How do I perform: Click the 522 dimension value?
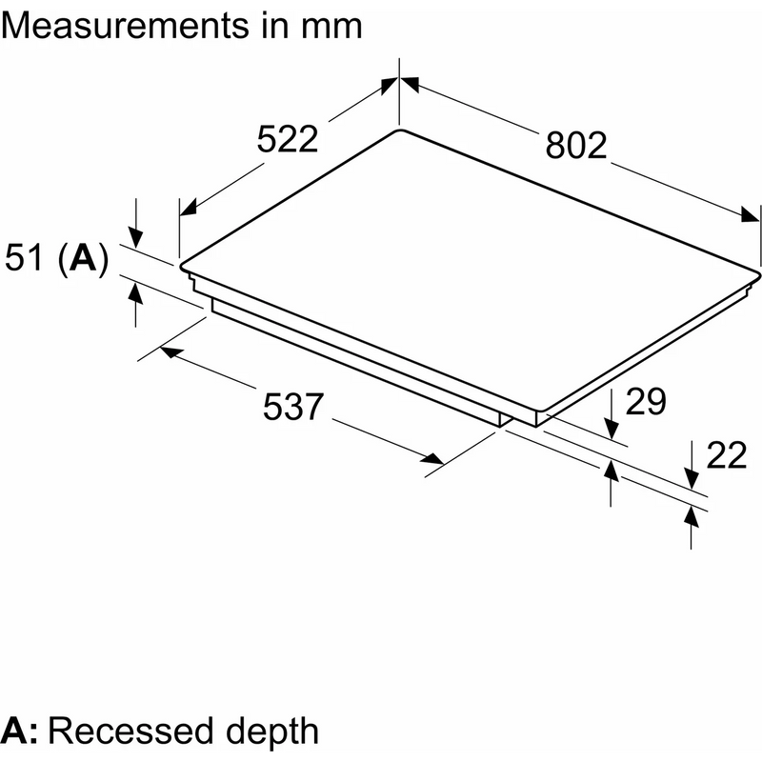point(288,139)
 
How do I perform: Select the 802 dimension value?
point(576,146)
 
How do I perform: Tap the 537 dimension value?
point(293,407)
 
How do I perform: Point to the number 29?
point(646,402)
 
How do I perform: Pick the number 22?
point(726,455)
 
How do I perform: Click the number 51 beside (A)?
point(25,257)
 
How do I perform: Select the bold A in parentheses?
point(83,257)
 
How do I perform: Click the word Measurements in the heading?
point(125,26)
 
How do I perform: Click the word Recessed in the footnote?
point(130,731)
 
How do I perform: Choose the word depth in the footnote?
point(272,732)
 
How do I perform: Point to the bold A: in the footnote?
point(19,731)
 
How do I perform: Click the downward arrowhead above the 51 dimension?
point(136,239)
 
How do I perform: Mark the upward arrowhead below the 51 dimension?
point(136,293)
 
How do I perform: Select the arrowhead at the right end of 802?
point(750,213)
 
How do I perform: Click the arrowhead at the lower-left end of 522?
point(188,207)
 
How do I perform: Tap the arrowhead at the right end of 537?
point(433,459)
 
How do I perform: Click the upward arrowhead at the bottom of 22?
point(692,516)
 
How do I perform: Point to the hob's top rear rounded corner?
point(399,130)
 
